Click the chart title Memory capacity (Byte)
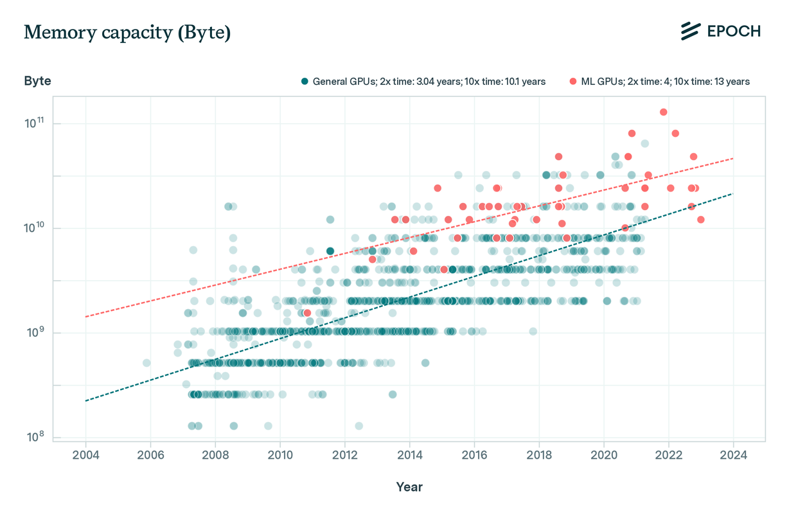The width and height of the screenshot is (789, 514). pyautogui.click(x=127, y=33)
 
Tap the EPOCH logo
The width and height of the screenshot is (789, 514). pyautogui.click(x=720, y=31)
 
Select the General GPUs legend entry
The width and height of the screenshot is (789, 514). pyautogui.click(x=424, y=82)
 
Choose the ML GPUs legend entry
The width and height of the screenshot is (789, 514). pyautogui.click(x=660, y=82)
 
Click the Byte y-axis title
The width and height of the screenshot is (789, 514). pyautogui.click(x=37, y=81)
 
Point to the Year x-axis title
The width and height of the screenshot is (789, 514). pyautogui.click(x=409, y=487)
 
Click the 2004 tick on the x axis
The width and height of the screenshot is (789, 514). pyautogui.click(x=85, y=456)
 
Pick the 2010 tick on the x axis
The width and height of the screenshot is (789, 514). pyautogui.click(x=280, y=456)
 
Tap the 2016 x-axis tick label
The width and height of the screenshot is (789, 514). pyautogui.click(x=474, y=456)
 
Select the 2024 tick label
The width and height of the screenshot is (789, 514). pyautogui.click(x=733, y=456)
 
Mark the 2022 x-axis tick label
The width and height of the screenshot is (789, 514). pyautogui.click(x=669, y=456)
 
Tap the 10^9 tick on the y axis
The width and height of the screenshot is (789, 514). pyautogui.click(x=35, y=333)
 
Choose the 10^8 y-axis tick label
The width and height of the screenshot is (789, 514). pyautogui.click(x=35, y=438)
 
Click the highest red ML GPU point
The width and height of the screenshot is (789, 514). pyautogui.click(x=663, y=112)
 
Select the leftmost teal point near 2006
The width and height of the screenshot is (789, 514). pyautogui.click(x=146, y=363)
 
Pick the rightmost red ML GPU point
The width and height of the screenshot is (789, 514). pyautogui.click(x=700, y=220)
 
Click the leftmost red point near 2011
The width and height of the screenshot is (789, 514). pyautogui.click(x=307, y=313)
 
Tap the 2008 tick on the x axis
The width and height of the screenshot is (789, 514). pyautogui.click(x=215, y=456)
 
